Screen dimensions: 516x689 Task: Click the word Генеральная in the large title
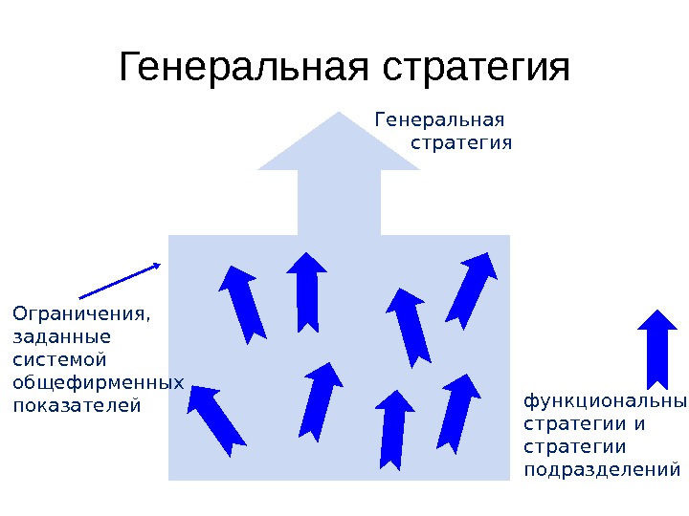[x=246, y=69]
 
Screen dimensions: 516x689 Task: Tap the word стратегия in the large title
[x=475, y=69]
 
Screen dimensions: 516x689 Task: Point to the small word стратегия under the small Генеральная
[x=461, y=143]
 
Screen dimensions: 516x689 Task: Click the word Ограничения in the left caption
[x=81, y=313]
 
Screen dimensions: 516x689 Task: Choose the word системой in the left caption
[x=58, y=359]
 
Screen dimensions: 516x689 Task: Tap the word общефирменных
[x=98, y=383]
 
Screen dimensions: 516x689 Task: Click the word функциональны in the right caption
[x=605, y=401]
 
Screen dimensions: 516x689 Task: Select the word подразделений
[x=603, y=470]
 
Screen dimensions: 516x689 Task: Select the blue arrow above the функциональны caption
[x=656, y=348]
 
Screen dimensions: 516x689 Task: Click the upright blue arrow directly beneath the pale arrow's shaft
[x=307, y=291]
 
